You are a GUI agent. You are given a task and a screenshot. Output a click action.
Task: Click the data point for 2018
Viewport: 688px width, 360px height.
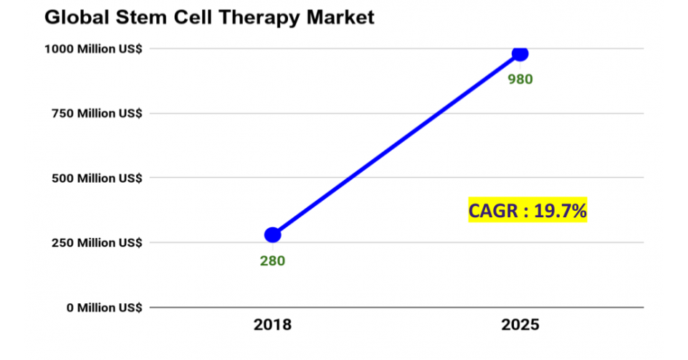(272, 235)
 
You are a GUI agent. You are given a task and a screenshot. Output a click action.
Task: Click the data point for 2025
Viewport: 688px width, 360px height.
(520, 54)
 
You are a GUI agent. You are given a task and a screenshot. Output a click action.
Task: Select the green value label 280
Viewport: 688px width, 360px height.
(272, 261)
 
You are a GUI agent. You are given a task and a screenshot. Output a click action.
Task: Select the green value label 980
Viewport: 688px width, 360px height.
(520, 80)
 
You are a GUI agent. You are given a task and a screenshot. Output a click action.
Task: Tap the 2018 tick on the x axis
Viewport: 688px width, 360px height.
(272, 325)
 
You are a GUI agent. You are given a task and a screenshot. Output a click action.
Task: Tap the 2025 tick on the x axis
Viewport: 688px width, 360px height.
(520, 325)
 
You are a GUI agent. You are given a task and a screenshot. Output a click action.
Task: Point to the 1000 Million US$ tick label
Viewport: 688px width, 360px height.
(93, 49)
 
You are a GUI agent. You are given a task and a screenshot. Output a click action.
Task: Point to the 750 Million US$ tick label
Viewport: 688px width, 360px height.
(96, 113)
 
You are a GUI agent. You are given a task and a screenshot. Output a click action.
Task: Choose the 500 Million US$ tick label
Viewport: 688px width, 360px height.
(96, 178)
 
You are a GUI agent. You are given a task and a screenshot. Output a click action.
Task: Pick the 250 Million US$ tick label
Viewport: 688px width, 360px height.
(96, 242)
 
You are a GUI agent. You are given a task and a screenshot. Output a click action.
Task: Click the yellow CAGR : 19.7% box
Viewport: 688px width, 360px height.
(528, 210)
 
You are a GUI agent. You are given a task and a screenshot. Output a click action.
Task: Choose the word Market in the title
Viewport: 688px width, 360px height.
(339, 17)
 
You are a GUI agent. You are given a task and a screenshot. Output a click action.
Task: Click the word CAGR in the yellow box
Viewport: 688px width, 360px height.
(492, 210)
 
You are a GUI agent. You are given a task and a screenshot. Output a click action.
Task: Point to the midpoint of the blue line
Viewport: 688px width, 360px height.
(396, 144)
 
